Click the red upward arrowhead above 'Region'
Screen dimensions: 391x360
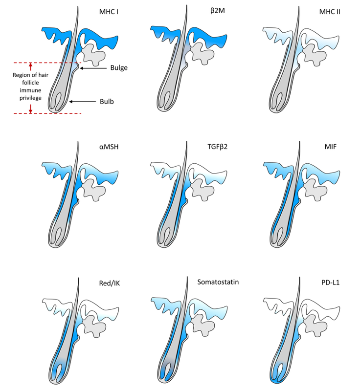(x=30, y=65)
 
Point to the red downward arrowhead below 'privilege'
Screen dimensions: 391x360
(x=30, y=111)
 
